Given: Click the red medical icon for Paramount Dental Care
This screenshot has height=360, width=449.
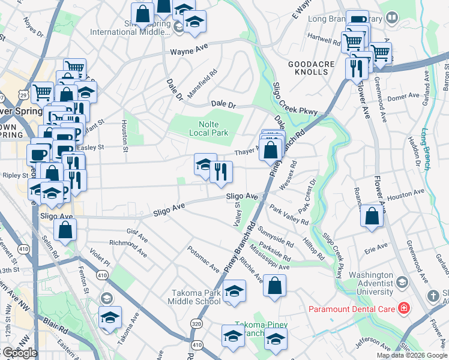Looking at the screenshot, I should coord(404,309).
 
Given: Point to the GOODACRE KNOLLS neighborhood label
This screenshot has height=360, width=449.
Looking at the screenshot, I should coord(309,67).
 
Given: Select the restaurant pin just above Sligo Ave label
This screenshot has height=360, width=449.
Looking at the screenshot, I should coord(221,173).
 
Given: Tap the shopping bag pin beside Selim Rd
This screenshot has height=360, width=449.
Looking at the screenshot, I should coord(65,229).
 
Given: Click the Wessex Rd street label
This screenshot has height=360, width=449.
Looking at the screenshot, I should coord(286,172).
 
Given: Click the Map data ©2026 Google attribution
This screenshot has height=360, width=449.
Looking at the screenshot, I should coord(412,355).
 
